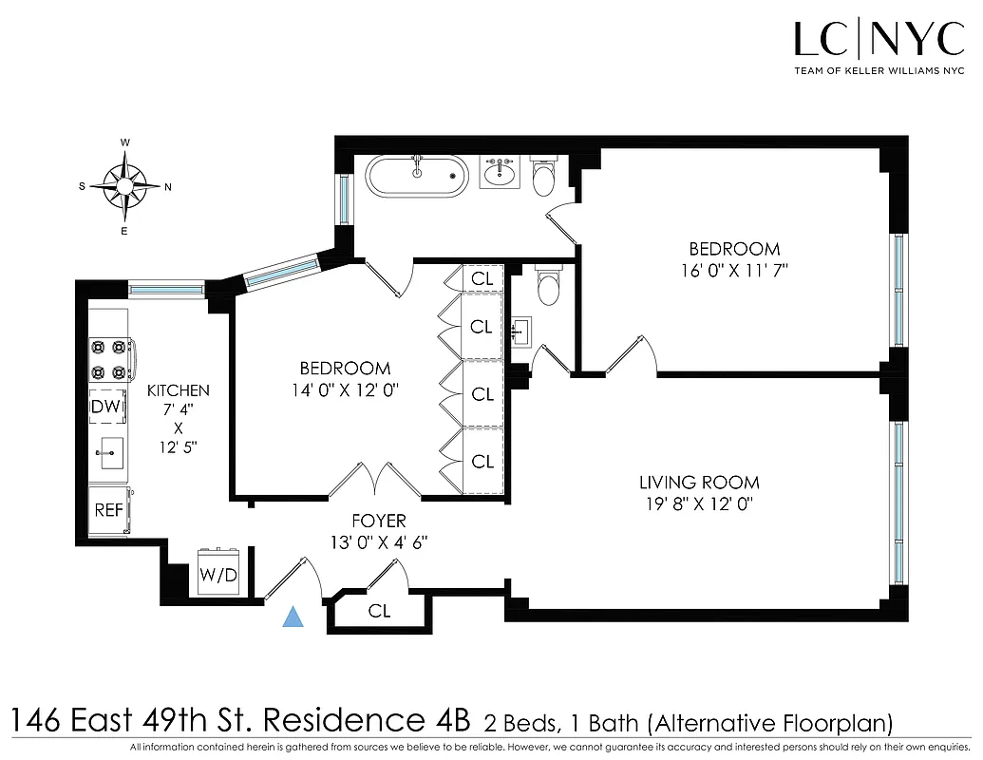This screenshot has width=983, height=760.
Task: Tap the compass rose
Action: (x=125, y=186)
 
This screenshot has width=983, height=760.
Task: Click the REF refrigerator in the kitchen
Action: (x=108, y=509)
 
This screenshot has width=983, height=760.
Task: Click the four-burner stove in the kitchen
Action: (x=109, y=360)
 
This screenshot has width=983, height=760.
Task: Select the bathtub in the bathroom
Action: (x=417, y=178)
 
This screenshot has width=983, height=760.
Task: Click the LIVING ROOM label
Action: (x=699, y=483)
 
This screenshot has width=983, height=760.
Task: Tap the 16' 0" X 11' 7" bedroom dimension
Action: (x=728, y=270)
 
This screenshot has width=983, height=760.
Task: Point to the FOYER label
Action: (x=378, y=521)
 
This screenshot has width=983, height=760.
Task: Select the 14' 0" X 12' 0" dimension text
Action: (x=345, y=389)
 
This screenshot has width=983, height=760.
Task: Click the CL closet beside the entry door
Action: (x=379, y=611)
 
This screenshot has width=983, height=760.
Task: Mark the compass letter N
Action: (x=168, y=187)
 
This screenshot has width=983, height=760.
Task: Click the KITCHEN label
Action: (x=178, y=390)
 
